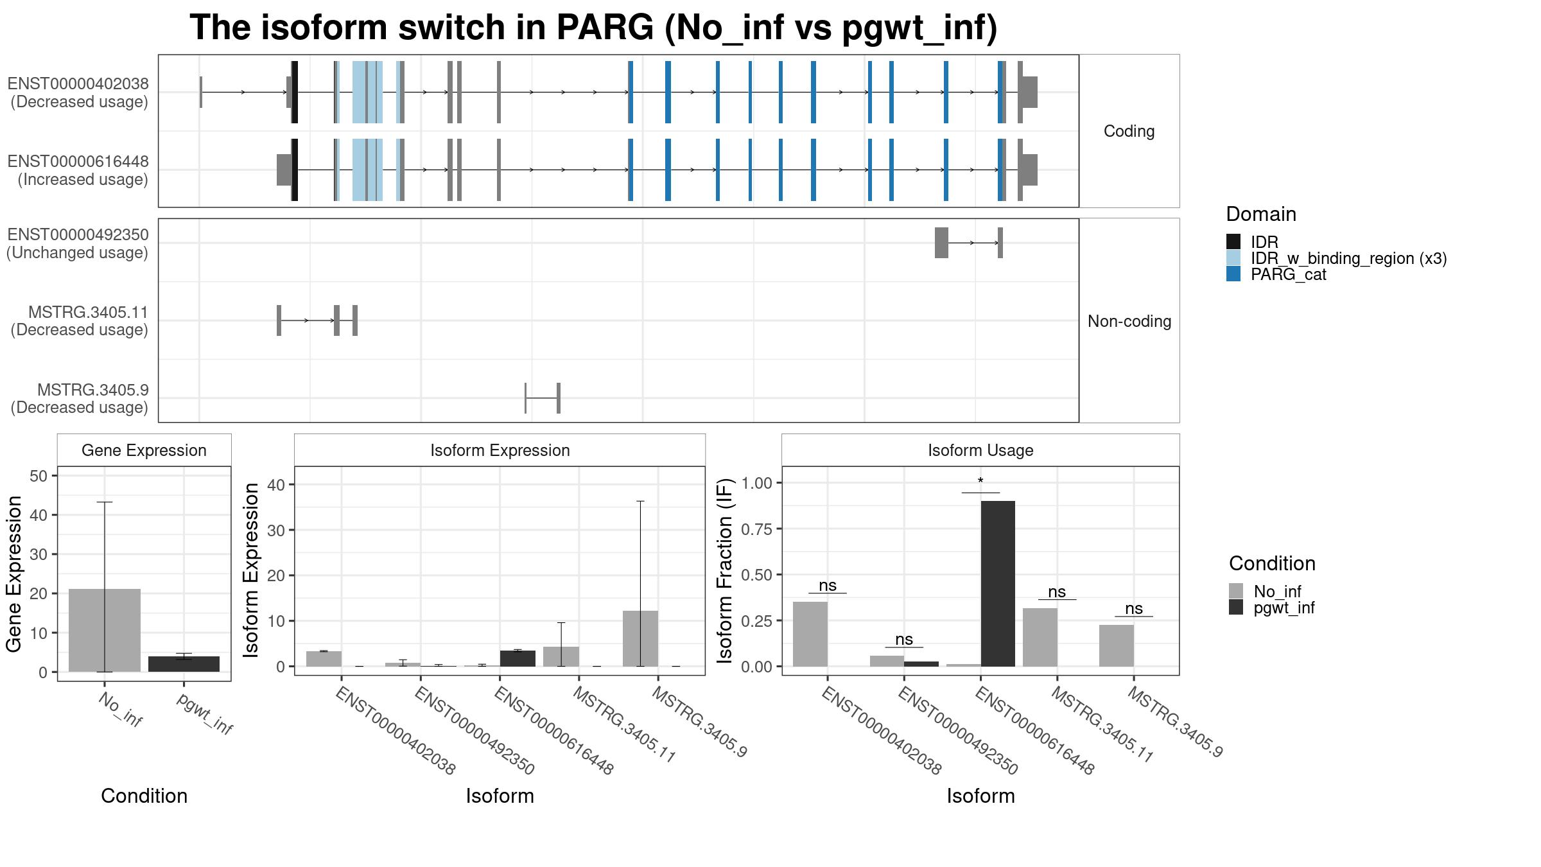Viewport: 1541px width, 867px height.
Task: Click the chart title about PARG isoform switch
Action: pos(593,28)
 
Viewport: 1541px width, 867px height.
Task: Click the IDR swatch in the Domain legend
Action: pos(1233,242)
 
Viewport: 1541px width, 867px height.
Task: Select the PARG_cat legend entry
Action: pos(1288,275)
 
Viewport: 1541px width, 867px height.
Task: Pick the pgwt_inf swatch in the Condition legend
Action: pos(1236,608)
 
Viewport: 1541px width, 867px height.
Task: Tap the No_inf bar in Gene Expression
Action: pos(104,630)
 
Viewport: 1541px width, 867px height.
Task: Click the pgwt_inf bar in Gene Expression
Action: pos(184,664)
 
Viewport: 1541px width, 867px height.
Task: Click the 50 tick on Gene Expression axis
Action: pos(39,476)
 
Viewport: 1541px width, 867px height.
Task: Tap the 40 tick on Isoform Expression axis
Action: pos(276,485)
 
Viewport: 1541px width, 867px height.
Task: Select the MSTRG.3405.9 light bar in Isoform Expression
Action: pos(640,638)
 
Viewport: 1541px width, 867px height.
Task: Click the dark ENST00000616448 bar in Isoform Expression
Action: pos(518,658)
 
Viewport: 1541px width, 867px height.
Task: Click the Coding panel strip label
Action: pos(1129,131)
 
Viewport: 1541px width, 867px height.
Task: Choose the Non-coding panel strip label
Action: pos(1129,321)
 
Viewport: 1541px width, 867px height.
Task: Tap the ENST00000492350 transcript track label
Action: pos(78,243)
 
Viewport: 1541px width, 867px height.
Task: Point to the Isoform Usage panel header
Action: pos(980,450)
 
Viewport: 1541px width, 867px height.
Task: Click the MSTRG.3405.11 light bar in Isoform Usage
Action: pos(1040,637)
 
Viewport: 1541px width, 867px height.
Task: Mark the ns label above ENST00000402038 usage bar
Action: pos(828,586)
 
